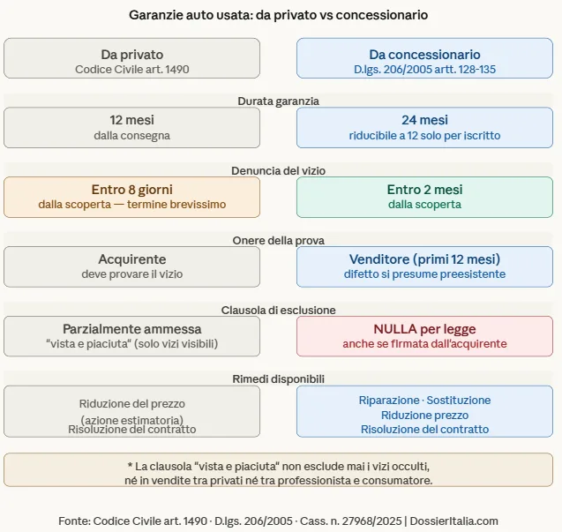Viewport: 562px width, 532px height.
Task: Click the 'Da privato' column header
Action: pos(131,54)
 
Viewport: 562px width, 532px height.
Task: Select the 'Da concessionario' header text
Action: pos(424,54)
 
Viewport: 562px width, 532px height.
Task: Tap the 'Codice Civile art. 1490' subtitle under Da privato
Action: pos(131,69)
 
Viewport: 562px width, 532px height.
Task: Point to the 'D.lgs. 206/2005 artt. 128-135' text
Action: pos(424,69)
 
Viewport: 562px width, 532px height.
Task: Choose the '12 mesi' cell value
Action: pos(131,121)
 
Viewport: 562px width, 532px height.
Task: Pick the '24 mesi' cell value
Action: pos(424,121)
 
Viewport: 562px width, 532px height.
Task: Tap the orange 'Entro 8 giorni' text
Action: pos(131,190)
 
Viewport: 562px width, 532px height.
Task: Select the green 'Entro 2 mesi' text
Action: pos(424,190)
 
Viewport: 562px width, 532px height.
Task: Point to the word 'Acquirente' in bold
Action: pos(131,259)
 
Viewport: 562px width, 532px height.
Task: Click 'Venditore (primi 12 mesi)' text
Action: pos(424,259)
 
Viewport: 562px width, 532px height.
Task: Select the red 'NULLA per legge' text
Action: pos(424,329)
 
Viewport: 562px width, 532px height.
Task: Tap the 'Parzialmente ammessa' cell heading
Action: pos(131,329)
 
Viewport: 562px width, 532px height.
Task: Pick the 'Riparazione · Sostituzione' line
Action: pos(424,401)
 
